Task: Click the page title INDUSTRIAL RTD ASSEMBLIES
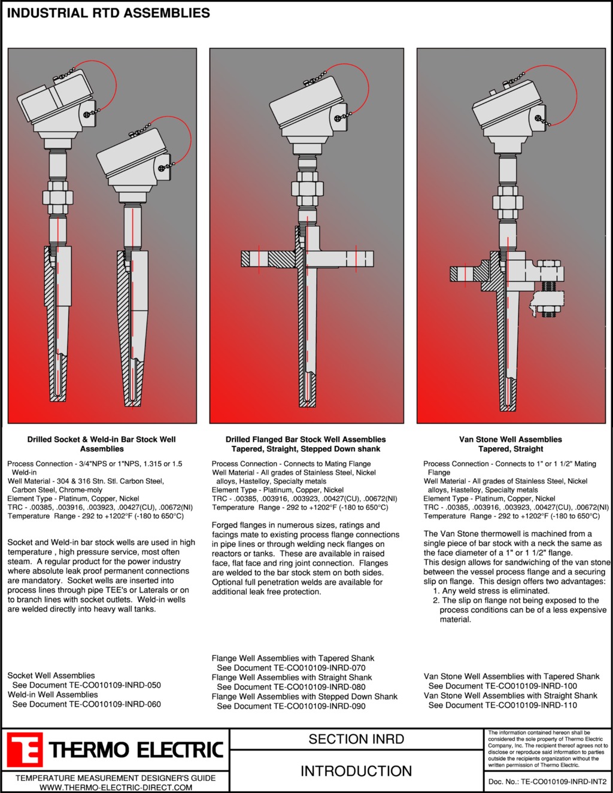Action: click(x=108, y=13)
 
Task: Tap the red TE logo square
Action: click(x=25, y=749)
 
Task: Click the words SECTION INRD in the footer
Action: click(x=356, y=739)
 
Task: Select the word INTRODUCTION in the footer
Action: click(x=356, y=771)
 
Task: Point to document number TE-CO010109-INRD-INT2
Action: click(x=563, y=782)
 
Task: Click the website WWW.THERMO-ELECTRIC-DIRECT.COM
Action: click(x=116, y=788)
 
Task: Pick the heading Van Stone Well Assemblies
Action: click(x=511, y=439)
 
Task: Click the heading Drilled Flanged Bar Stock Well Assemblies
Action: click(x=305, y=439)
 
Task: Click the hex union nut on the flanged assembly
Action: click(x=308, y=189)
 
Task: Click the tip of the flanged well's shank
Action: click(x=308, y=406)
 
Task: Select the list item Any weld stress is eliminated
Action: click(x=491, y=591)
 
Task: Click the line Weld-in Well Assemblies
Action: click(x=53, y=695)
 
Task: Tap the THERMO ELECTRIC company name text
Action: click(x=136, y=751)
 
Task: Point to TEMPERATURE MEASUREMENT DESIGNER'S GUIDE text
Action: click(x=116, y=778)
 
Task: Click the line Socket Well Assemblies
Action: click(x=51, y=676)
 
